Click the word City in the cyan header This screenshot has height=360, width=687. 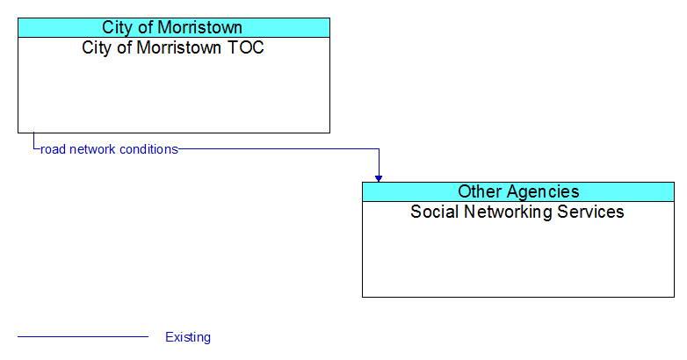tap(115, 27)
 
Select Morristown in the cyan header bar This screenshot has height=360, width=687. tap(199, 27)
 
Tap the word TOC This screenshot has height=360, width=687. tap(246, 47)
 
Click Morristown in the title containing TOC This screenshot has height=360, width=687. tap(178, 47)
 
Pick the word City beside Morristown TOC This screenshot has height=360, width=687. tap(95, 47)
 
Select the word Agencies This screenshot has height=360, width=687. tap(542, 192)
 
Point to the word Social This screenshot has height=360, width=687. tap(434, 212)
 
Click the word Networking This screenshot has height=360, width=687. tap(508, 212)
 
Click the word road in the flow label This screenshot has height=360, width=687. tap(53, 149)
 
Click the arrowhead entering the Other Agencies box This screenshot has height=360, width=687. tap(379, 179)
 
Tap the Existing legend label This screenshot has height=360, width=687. tap(188, 337)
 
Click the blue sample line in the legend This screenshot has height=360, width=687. tap(83, 337)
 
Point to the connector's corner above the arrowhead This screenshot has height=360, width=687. tap(379, 149)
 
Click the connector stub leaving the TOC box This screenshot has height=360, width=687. tap(33, 141)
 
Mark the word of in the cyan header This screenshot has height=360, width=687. tap(143, 27)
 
